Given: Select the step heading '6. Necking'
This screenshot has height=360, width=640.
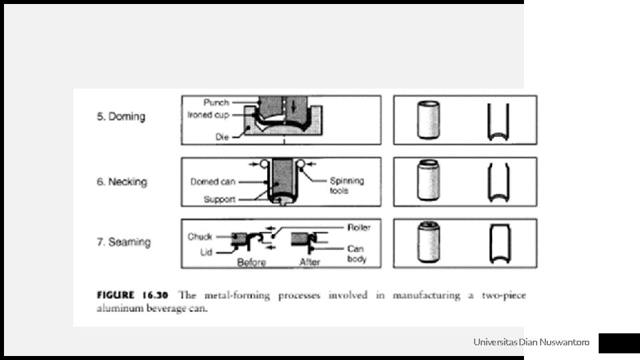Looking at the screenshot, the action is (122, 181).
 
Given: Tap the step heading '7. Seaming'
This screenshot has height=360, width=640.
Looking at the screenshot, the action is (123, 242).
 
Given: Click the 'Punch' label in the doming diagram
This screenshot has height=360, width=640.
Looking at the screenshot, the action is (216, 103).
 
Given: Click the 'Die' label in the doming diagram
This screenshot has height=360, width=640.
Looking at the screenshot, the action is (222, 136).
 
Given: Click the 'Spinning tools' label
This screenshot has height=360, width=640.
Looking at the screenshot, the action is (347, 185).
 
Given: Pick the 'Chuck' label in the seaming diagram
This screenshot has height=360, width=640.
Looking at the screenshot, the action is (199, 236).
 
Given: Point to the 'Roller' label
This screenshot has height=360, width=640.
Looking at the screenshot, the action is (359, 227).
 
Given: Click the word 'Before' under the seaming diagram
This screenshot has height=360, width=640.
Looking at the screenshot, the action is (251, 262).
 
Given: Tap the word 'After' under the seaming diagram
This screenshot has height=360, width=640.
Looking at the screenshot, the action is (310, 262).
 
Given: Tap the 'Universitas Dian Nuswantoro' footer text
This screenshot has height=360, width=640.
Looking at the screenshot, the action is (531, 343).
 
